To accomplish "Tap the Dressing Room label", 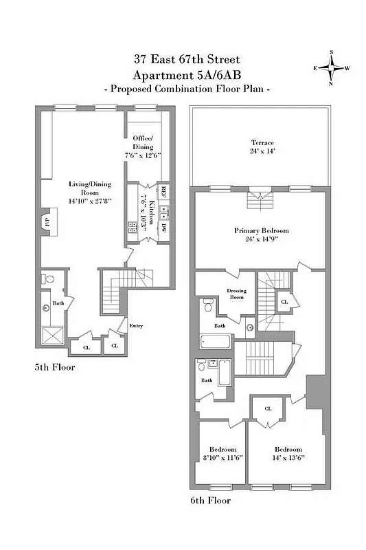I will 236,294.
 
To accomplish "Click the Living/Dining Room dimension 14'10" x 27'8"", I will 85,201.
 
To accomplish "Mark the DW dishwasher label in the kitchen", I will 163,228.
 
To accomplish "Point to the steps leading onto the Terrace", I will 259,196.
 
